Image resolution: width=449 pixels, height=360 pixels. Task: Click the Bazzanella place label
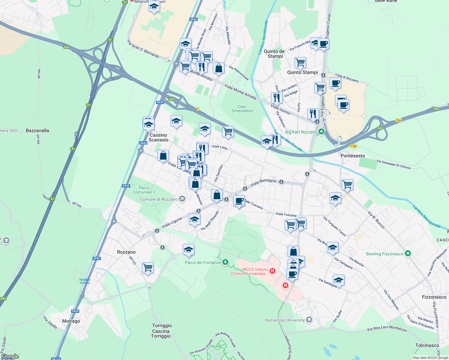(x=37, y=130)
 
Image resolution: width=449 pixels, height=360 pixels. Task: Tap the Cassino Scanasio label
(x=158, y=137)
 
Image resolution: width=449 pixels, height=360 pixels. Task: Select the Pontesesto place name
(x=353, y=156)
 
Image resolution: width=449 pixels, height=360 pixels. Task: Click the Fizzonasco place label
(x=434, y=297)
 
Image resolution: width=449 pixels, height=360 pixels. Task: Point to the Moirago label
(x=71, y=321)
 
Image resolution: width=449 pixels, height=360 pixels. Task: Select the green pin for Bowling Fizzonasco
(x=408, y=254)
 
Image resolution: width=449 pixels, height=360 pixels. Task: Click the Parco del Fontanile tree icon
(x=225, y=262)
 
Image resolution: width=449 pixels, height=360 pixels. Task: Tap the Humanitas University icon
(x=309, y=320)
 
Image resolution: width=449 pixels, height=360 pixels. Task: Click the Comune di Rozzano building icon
(x=182, y=199)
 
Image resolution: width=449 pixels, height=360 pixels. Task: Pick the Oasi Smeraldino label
(x=242, y=109)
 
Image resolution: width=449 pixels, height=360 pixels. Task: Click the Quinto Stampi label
(x=302, y=72)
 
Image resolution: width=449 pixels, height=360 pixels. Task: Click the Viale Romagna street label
(x=263, y=182)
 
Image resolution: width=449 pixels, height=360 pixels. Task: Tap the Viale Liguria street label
(x=172, y=222)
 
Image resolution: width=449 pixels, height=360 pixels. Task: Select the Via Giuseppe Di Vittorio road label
(x=393, y=164)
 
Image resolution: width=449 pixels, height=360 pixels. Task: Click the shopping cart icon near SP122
(x=148, y=267)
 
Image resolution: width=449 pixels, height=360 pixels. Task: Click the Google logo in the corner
(x=10, y=356)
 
